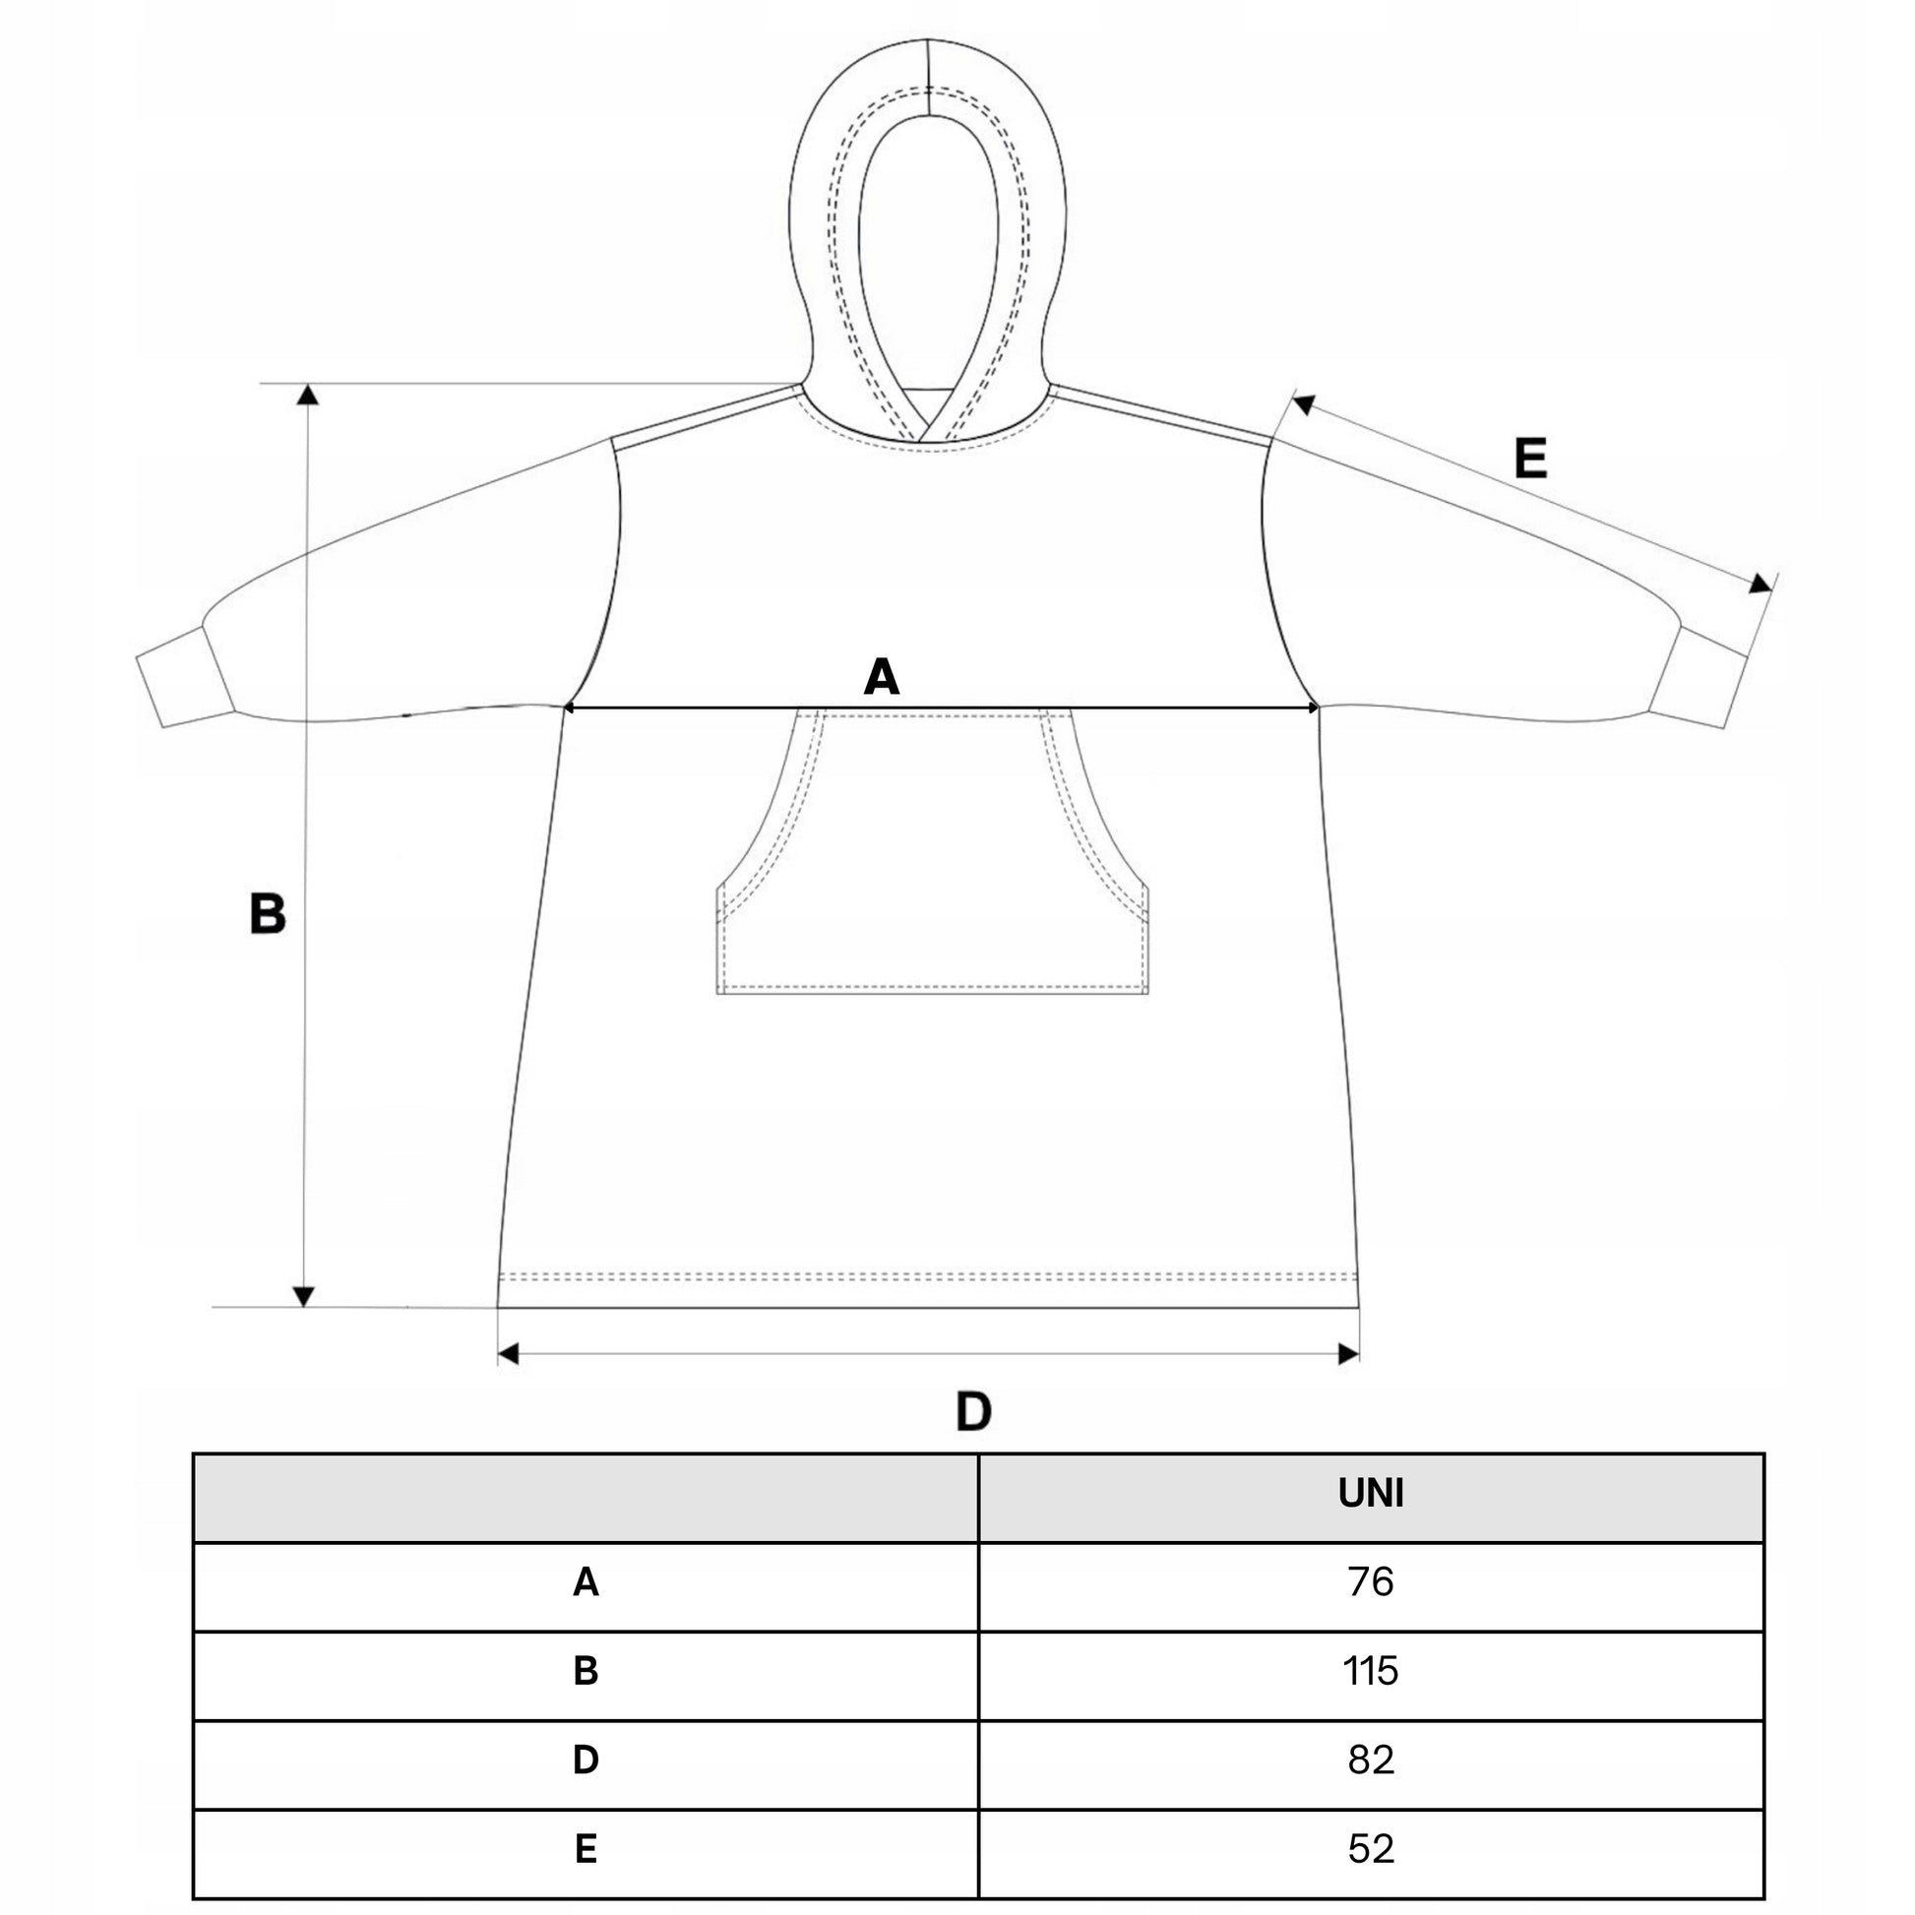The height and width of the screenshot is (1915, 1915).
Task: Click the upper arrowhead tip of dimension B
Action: tap(308, 385)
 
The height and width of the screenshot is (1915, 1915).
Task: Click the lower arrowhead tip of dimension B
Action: tap(304, 1307)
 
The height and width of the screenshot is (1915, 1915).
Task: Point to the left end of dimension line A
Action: tap(562, 708)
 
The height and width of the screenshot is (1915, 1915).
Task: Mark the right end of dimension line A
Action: tap(1321, 708)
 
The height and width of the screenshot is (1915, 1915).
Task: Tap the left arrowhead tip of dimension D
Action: tap(498, 1354)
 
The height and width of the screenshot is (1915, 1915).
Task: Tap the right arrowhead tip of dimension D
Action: tap(1359, 1354)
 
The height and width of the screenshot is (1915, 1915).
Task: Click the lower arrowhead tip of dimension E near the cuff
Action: tap(1772, 591)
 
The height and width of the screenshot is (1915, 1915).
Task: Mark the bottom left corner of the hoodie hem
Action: tap(498, 1308)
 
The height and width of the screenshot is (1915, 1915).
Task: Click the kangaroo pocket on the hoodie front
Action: tap(932, 850)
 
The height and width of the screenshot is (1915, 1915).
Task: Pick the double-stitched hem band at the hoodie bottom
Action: tap(928, 1288)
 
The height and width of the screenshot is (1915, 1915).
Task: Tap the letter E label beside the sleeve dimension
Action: tap(1530, 459)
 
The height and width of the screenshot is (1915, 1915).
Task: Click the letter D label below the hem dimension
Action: tap(972, 1411)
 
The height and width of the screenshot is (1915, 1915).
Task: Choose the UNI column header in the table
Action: tap(1371, 1494)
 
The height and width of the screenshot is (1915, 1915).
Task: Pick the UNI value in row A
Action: tap(1371, 1582)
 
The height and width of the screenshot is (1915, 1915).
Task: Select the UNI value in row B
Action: tap(1371, 1671)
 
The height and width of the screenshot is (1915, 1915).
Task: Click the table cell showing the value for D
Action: tap(1371, 1760)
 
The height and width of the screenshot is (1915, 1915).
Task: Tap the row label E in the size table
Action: tap(586, 1849)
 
